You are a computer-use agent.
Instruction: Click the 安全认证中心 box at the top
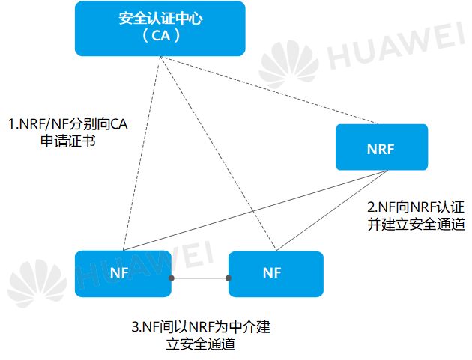tap(160, 28)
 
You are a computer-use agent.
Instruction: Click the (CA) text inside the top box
tap(160, 36)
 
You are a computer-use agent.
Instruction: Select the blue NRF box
tap(381, 147)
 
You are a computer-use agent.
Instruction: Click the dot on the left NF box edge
tap(172, 278)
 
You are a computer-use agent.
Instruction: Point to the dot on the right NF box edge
tap(229, 278)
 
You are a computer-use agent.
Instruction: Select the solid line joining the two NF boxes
tap(200, 278)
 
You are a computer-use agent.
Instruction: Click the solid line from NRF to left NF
tap(255, 211)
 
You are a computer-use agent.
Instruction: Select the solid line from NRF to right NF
tap(333, 210)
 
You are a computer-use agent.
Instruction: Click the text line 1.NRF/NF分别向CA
tap(67, 123)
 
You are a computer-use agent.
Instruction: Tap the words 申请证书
tap(67, 142)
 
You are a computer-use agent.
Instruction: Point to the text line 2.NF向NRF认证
tap(415, 206)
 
